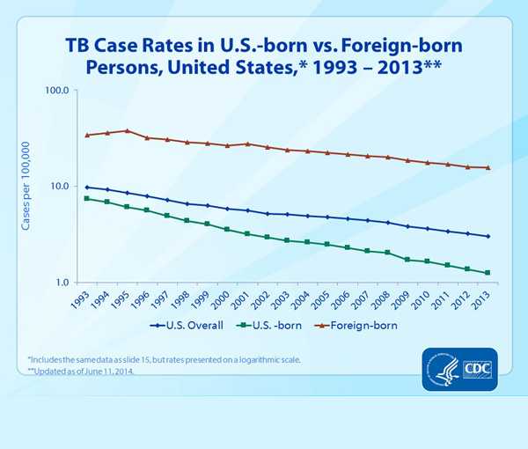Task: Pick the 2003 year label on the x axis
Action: click(279, 299)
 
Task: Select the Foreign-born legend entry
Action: click(365, 325)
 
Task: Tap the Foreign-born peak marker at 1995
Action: click(127, 130)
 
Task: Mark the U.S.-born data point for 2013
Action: click(488, 273)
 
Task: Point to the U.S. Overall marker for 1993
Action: click(86, 187)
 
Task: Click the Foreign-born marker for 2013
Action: click(488, 167)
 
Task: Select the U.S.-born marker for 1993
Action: click(86, 198)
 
